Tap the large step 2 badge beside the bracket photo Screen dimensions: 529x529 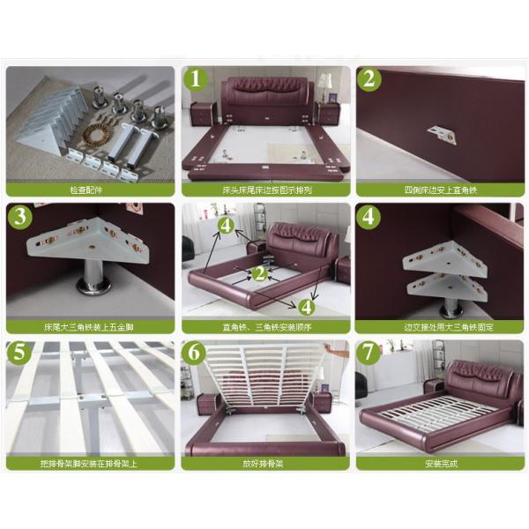369,80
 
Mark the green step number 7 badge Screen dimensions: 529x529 369,354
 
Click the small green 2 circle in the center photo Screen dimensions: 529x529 259,274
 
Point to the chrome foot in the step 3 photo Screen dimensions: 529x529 91,280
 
